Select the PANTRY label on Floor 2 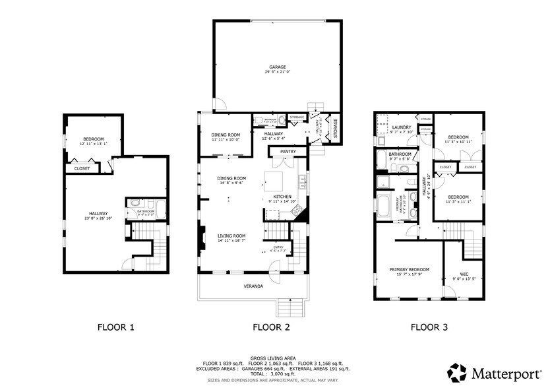point(288,152)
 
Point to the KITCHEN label point(282,197)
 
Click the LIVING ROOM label point(232,236)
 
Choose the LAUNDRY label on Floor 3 point(401,127)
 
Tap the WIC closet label point(464,274)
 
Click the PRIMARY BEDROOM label point(409,269)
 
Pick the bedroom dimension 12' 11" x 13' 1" point(93,144)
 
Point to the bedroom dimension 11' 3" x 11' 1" point(458,202)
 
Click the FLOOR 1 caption point(116,327)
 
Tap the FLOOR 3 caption point(429,327)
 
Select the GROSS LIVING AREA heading point(273,357)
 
